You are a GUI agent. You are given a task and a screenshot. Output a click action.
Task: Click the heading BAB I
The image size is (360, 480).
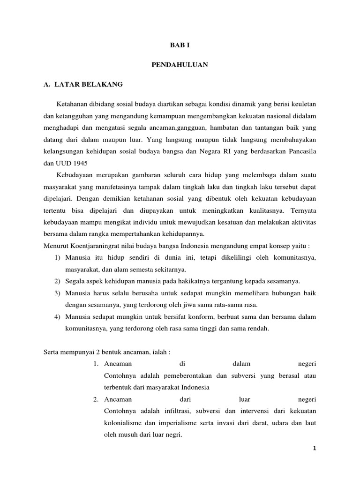(180, 45)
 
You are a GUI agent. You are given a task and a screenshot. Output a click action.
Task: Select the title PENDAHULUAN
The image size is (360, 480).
(180, 65)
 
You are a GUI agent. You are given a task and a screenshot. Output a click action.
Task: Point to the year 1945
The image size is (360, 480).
(78, 163)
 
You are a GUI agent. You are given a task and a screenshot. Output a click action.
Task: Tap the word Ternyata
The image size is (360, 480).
(301, 210)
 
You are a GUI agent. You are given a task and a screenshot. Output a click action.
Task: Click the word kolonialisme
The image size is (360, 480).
(124, 423)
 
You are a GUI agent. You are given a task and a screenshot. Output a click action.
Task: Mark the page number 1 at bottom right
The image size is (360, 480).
(315, 448)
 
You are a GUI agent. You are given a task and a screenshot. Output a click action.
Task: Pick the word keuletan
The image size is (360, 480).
(302, 103)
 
